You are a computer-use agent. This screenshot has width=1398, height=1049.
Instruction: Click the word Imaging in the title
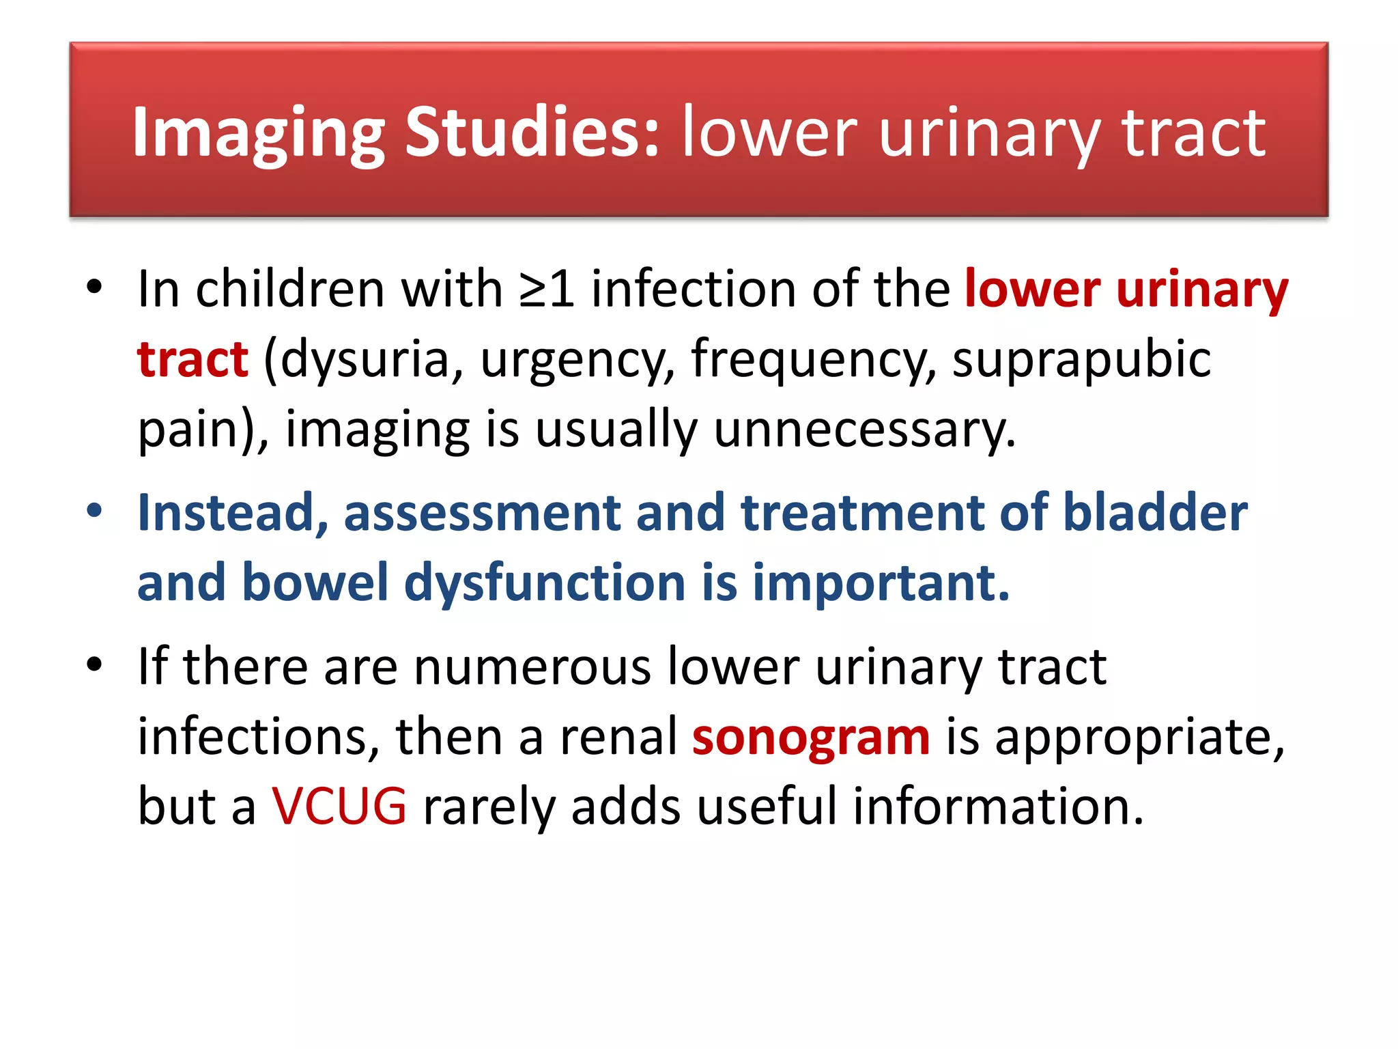click(258, 134)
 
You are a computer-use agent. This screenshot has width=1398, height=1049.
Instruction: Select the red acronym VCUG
click(339, 807)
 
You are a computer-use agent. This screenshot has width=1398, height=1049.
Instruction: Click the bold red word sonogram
click(810, 738)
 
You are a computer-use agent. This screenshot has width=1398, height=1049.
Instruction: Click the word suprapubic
click(1081, 361)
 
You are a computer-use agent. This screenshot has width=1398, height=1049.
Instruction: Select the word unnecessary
click(864, 430)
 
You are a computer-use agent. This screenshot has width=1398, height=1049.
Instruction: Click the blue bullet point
click(94, 511)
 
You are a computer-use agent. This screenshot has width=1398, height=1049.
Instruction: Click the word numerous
click(532, 667)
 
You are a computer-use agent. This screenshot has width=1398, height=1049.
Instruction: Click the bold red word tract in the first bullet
click(192, 359)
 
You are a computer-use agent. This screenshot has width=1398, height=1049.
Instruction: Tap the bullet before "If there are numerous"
click(94, 664)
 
